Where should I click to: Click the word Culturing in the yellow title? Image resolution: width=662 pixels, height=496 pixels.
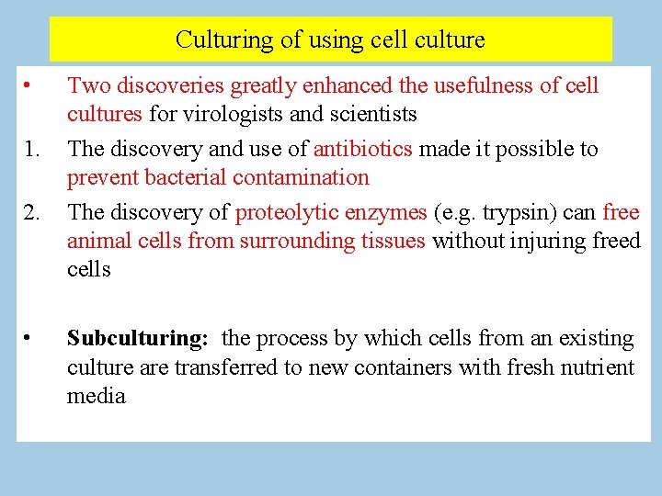tap(214, 40)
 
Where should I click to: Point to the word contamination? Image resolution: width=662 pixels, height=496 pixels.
tap(297, 177)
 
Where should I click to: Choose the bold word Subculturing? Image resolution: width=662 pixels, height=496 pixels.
tap(137, 339)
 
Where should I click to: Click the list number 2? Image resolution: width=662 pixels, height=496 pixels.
tap(32, 212)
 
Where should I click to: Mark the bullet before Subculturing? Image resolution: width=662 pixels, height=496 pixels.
tap(29, 339)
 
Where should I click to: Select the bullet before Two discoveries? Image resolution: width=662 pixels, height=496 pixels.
tap(29, 86)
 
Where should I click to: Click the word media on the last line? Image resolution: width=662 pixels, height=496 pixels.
tap(96, 397)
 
